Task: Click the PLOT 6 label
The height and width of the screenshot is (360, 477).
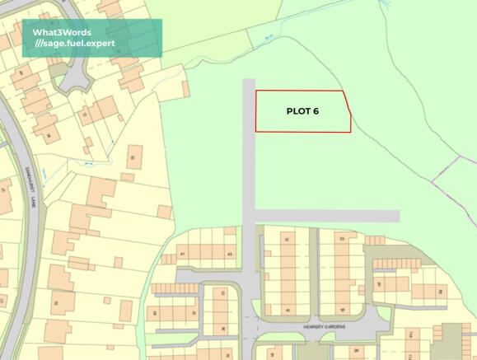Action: click(302, 111)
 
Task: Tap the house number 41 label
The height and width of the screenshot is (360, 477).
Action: click(182, 255)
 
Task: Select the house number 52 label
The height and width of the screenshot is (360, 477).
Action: click(287, 239)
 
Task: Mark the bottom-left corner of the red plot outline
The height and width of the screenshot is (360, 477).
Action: click(256, 131)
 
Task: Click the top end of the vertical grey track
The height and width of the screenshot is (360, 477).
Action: click(249, 82)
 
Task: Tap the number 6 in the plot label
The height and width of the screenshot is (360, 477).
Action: click(316, 111)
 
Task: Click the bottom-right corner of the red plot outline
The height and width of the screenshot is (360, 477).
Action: click(351, 131)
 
